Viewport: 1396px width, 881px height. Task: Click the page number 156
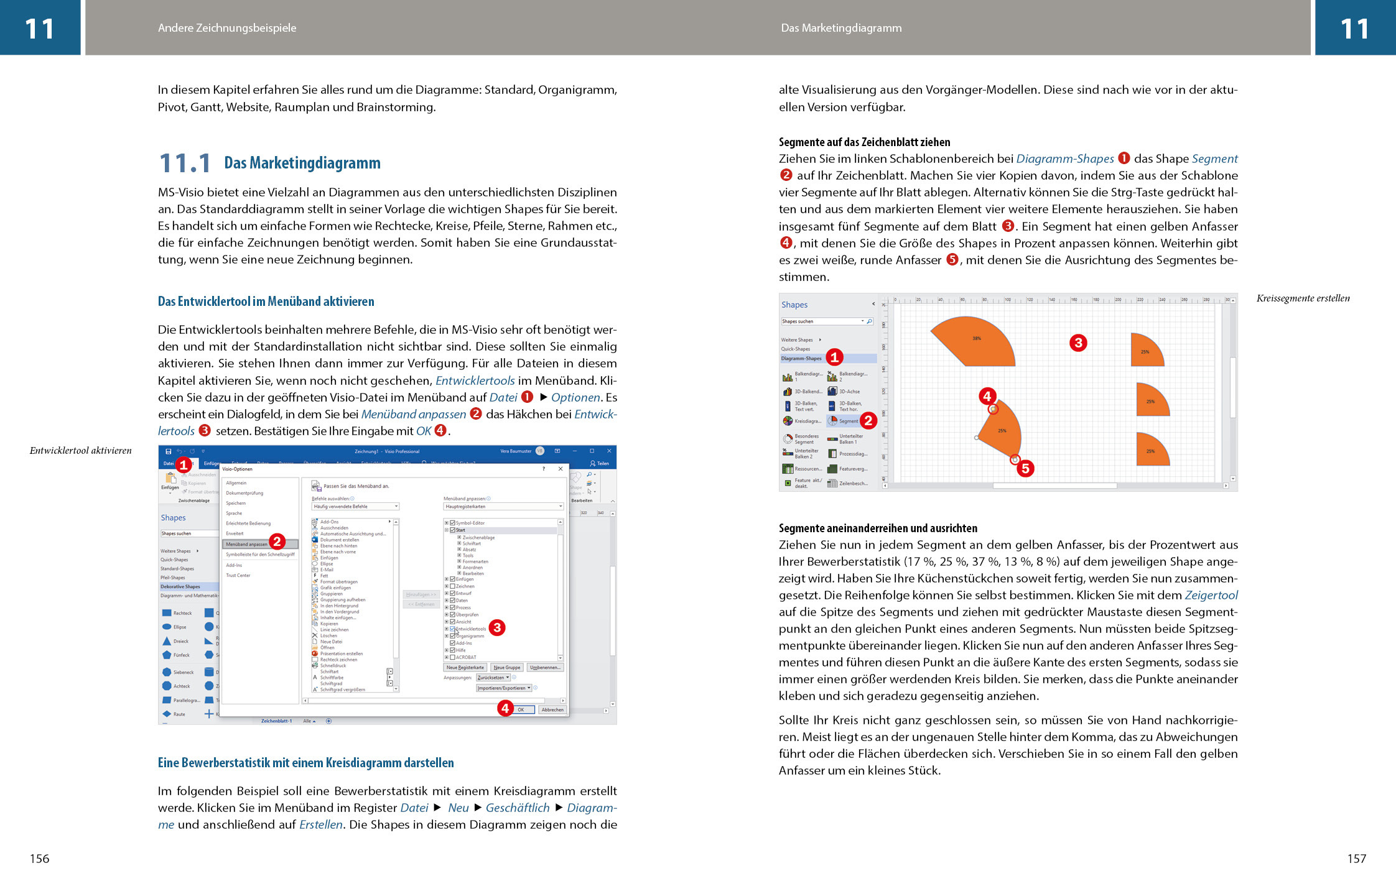[39, 859]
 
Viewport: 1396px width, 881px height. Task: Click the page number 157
[1356, 859]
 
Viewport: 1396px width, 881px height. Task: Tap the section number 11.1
[185, 164]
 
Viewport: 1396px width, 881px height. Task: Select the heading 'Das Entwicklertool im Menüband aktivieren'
[266, 302]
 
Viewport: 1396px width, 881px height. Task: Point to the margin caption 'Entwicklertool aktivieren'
[81, 451]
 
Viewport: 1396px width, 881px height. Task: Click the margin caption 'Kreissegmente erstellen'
[1303, 298]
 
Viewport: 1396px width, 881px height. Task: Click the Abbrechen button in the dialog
[552, 709]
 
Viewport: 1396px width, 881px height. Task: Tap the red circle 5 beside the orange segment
[1025, 468]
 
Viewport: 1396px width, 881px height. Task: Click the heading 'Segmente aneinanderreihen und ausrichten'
[878, 528]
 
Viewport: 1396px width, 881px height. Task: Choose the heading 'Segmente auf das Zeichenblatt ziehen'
[864, 142]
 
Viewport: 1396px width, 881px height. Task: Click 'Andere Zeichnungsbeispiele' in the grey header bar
[227, 28]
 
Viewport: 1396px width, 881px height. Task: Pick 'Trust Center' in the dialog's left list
[238, 575]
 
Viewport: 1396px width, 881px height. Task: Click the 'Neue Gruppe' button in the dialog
[506, 667]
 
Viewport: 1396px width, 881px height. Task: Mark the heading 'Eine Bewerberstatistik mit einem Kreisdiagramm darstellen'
[305, 763]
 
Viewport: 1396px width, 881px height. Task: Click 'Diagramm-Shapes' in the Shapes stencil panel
[801, 358]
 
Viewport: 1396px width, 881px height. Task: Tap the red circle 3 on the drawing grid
[1078, 343]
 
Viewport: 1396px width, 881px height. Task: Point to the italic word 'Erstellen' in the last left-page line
[321, 825]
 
